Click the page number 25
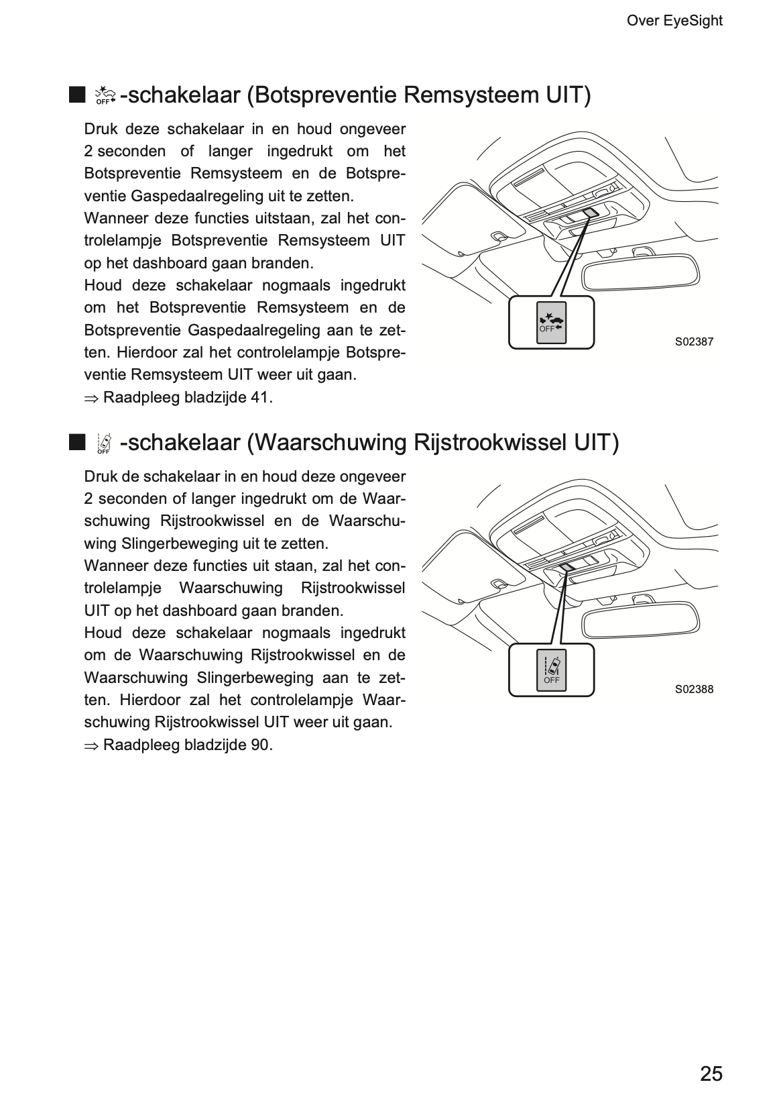(711, 1073)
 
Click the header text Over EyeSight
(674, 21)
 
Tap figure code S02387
(694, 341)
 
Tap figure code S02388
(694, 689)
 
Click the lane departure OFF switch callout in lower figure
(551, 670)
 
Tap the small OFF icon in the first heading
(105, 96)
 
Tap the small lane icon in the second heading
(104, 443)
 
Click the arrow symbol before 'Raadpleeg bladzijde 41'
(91, 399)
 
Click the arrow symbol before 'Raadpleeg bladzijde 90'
(91, 746)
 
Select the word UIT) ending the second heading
(597, 443)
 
